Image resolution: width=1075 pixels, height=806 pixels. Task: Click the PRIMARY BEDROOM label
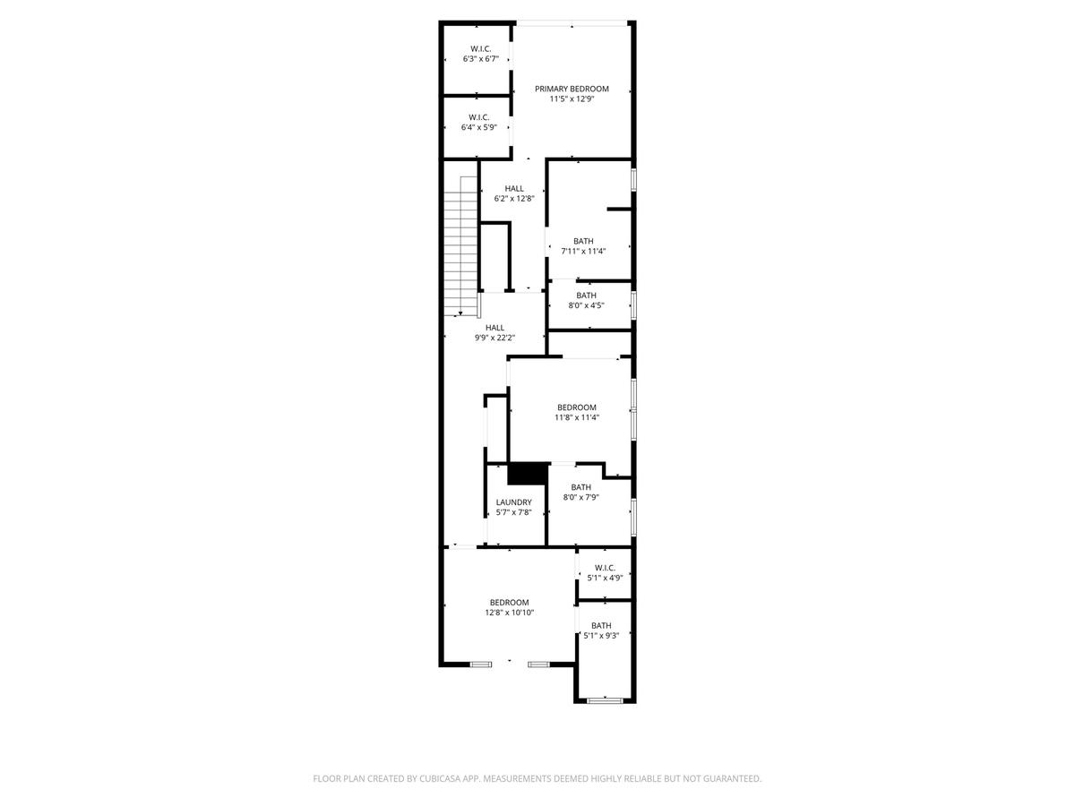pos(572,89)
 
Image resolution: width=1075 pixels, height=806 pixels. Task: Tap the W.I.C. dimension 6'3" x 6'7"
pos(480,59)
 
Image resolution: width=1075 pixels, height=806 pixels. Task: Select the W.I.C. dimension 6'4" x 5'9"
pos(478,127)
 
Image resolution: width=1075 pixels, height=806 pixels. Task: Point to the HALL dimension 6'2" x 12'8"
pos(513,199)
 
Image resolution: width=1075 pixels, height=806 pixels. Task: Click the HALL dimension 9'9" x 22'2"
pos(494,338)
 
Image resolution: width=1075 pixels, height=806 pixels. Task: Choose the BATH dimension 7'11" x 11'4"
pos(583,251)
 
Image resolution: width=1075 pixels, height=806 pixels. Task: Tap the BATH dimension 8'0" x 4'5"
pos(586,305)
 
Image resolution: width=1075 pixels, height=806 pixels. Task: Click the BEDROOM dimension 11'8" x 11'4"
pos(576,417)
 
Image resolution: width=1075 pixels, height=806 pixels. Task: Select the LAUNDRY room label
pos(513,502)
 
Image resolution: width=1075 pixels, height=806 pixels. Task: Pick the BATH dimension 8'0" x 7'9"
pos(580,497)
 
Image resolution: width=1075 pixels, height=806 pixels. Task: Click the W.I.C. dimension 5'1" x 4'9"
pos(605,578)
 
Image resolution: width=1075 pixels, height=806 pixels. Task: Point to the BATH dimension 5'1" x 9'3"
pos(601,636)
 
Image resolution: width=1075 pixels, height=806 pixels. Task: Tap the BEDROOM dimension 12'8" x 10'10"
pos(509,613)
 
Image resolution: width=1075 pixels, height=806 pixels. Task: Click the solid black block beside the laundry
pos(528,474)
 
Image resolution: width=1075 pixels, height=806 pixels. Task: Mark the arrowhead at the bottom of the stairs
pos(460,313)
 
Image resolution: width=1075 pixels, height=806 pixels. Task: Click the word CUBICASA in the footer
pos(440,778)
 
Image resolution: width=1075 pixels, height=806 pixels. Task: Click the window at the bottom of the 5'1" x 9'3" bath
pos(605,700)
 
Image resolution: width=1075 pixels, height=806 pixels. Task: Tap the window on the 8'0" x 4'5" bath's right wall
pos(633,304)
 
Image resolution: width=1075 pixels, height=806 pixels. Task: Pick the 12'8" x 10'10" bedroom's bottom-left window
pos(480,665)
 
